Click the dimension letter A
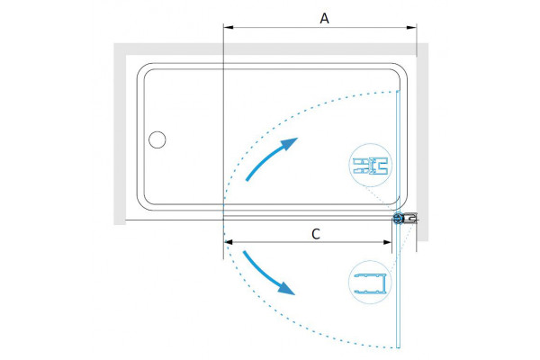tap(324, 18)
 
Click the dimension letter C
tap(316, 234)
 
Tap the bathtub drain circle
tap(157, 139)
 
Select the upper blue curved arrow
tap(271, 158)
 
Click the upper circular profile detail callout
tap(371, 166)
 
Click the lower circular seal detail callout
tap(371, 282)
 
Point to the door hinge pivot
tap(399, 218)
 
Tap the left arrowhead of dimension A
tap(229, 27)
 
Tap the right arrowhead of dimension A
tap(411, 27)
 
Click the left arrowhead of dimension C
tap(229, 242)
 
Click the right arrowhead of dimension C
tap(387, 242)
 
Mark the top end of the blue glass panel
tap(398, 91)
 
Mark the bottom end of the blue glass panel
tap(398, 347)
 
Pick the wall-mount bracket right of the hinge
tap(411, 218)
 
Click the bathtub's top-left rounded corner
tap(142, 68)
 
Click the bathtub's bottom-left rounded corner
tap(142, 204)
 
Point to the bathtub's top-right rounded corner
tap(402, 68)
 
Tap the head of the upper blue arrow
tap(290, 143)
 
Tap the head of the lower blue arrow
tap(287, 289)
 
